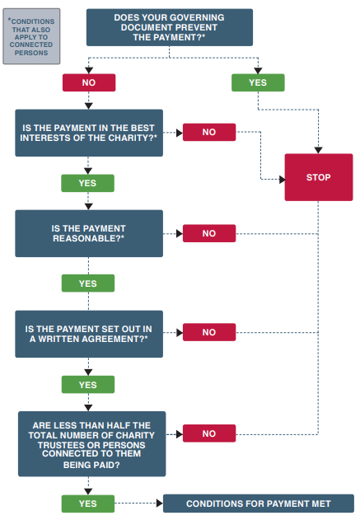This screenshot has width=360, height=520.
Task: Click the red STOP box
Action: tap(318, 177)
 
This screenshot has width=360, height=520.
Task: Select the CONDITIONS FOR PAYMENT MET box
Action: tap(258, 504)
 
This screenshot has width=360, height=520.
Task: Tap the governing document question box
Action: tap(169, 27)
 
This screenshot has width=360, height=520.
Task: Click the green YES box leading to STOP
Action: tap(258, 82)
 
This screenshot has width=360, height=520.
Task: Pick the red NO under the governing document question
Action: tap(88, 82)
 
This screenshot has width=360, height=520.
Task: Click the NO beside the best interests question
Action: tap(208, 132)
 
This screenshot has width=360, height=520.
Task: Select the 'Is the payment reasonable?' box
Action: tap(89, 233)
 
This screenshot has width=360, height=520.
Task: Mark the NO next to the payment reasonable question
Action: tap(208, 233)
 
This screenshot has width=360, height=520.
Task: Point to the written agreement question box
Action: tap(89, 333)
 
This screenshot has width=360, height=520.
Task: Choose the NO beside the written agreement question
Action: tap(208, 333)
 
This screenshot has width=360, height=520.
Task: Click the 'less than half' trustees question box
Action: tap(91, 443)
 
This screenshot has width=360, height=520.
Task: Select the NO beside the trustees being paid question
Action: tap(208, 433)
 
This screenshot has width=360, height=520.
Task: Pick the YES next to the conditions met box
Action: tap(87, 504)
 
